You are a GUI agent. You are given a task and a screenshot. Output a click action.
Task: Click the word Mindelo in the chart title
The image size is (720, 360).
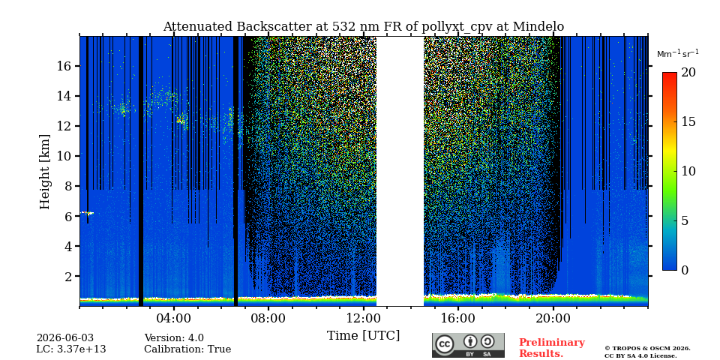[538, 27]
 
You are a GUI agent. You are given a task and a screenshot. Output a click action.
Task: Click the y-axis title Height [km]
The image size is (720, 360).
[44, 172]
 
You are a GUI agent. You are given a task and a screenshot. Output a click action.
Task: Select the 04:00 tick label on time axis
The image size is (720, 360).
[173, 318]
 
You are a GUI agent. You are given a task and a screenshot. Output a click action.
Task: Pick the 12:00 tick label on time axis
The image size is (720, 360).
[363, 318]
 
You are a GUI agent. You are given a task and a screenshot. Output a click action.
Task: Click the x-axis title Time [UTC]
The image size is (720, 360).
[363, 336]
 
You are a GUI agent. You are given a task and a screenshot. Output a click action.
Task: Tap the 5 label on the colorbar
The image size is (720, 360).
[685, 220]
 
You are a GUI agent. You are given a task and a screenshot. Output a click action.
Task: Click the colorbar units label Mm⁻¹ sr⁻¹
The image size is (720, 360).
[678, 54]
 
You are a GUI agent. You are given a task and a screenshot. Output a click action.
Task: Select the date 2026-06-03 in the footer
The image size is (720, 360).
[65, 338]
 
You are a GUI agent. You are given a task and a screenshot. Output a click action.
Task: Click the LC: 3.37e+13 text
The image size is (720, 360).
[71, 349]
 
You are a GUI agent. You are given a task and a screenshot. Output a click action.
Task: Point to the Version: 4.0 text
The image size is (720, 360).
[174, 338]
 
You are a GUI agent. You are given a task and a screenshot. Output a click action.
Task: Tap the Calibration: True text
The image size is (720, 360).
[187, 349]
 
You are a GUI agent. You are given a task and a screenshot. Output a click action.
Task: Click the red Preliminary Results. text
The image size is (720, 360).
[552, 348]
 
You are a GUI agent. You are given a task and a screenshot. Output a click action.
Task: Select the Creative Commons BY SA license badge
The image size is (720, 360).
[468, 345]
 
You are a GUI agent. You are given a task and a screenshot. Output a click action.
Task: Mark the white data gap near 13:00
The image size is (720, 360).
[400, 171]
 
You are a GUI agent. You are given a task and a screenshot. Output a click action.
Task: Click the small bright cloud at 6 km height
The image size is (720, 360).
[87, 213]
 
